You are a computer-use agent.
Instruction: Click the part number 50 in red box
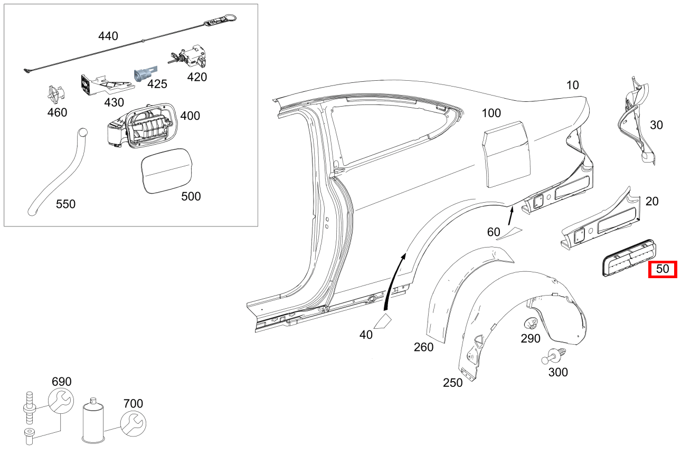(663, 269)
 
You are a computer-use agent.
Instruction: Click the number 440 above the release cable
(108, 36)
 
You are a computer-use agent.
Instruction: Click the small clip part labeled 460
(55, 94)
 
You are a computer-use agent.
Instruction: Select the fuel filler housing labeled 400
(143, 124)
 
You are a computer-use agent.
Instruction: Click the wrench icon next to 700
(133, 422)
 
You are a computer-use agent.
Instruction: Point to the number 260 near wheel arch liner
(423, 347)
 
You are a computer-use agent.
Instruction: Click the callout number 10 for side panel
(572, 85)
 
